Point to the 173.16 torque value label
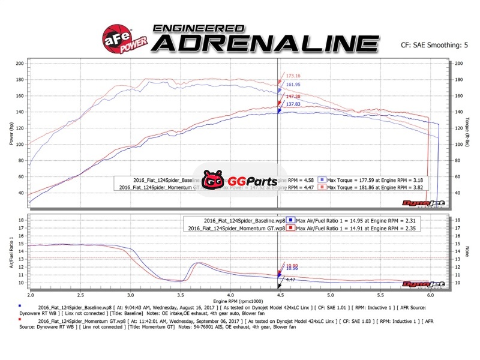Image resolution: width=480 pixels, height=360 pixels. [x=293, y=76]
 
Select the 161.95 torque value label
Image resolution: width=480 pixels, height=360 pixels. [x=293, y=85]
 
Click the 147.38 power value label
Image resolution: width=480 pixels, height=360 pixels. [x=293, y=96]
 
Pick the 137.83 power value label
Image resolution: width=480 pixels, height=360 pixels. [x=293, y=104]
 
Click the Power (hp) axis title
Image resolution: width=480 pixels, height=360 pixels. [x=11, y=133]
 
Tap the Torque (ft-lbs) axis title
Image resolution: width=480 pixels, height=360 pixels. [x=466, y=133]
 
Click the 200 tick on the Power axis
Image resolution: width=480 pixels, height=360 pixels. [x=20, y=64]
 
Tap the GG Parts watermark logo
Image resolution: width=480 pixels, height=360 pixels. [x=230, y=179]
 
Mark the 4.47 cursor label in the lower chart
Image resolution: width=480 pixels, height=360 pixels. [x=289, y=280]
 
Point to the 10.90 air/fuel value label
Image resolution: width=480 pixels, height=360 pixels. [x=292, y=266]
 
